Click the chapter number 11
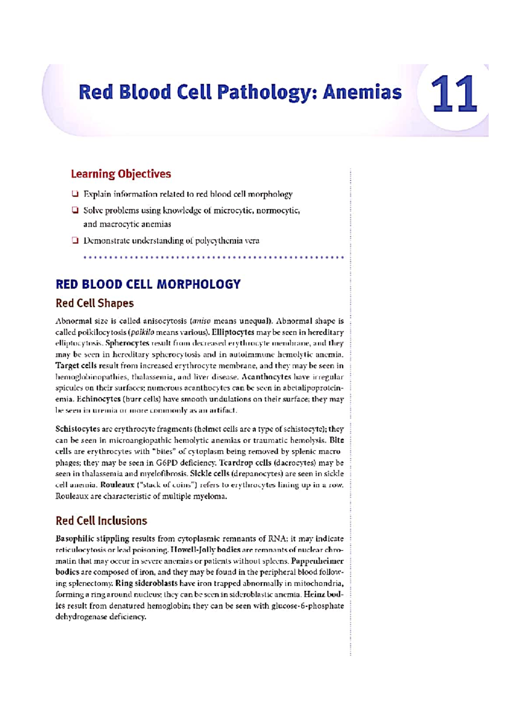pos(454,95)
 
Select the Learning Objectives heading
pos(121,174)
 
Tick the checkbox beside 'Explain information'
pos(75,194)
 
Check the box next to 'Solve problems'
pos(75,210)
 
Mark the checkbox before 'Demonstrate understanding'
pos(75,241)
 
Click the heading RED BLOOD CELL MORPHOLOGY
pos(148,284)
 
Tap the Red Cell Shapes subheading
pos(95,303)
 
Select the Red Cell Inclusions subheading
pos(101,521)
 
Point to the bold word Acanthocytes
pos(266,377)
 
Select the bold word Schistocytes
pos(78,429)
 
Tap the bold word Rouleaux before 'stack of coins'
pos(117,485)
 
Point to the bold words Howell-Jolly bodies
pos(205,550)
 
